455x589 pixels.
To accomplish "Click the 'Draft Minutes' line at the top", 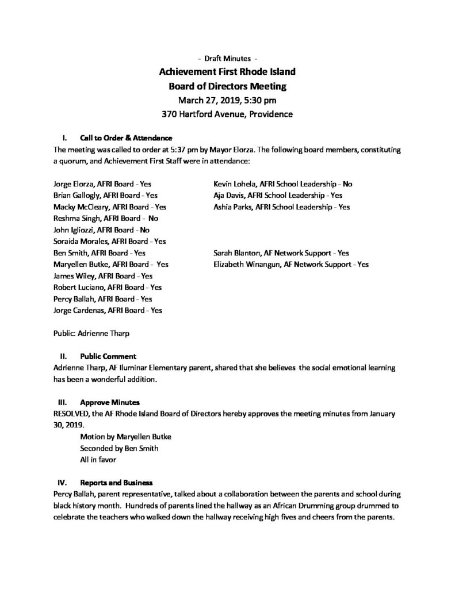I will pyautogui.click(x=227, y=59).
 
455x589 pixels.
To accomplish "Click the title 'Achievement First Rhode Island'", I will pyautogui.click(x=227, y=72).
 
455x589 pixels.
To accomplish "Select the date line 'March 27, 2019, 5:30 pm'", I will pyautogui.click(x=227, y=100).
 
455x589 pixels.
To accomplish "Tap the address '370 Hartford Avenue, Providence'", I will pyautogui.click(x=227, y=114).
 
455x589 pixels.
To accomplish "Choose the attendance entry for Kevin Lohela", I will pyautogui.click(x=282, y=185).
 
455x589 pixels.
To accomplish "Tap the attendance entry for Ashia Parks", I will pyautogui.click(x=281, y=207).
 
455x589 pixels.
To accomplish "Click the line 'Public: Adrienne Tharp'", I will pyautogui.click(x=89, y=332).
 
